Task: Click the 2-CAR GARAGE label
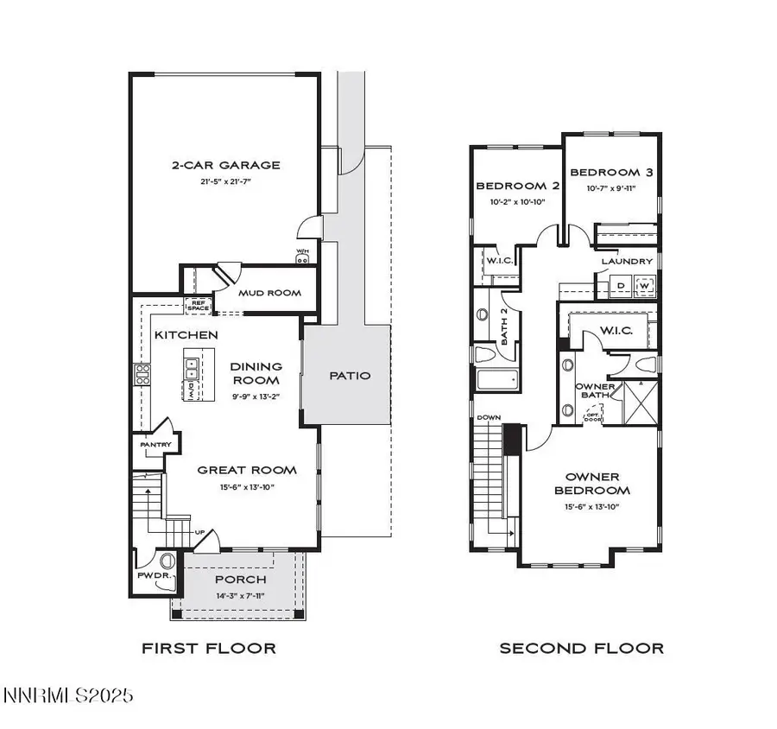pos(224,165)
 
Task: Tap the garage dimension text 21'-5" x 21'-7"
pos(224,181)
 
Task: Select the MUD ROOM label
pos(270,293)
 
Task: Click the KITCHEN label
pos(186,334)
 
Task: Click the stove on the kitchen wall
pos(142,374)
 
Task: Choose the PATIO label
pos(351,376)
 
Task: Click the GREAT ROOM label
pos(247,470)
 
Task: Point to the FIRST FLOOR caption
pos(209,648)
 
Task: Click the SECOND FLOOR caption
pos(582,648)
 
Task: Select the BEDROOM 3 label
pos(613,172)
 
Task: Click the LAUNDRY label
pos(627,261)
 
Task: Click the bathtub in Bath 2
pos(496,380)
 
